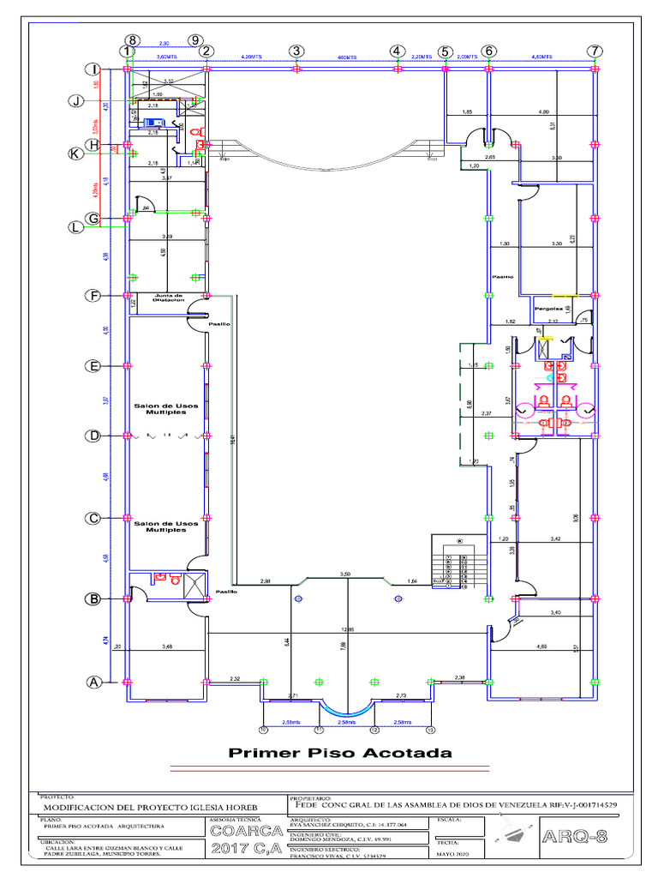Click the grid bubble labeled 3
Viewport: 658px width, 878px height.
296,51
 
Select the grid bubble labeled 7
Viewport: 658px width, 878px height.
594,51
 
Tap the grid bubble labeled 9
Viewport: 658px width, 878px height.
196,40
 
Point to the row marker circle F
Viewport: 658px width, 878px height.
93,297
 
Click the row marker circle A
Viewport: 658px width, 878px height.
93,683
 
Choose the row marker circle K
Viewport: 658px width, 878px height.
76,154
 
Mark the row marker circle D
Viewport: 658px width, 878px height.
93,436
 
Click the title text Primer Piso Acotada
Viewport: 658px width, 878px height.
339,754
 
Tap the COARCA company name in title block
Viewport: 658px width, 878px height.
243,832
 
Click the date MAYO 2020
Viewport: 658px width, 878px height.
454,855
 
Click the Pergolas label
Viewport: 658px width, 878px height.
547,309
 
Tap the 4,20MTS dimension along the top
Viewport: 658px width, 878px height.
251,57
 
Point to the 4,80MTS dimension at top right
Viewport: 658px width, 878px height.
541,57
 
